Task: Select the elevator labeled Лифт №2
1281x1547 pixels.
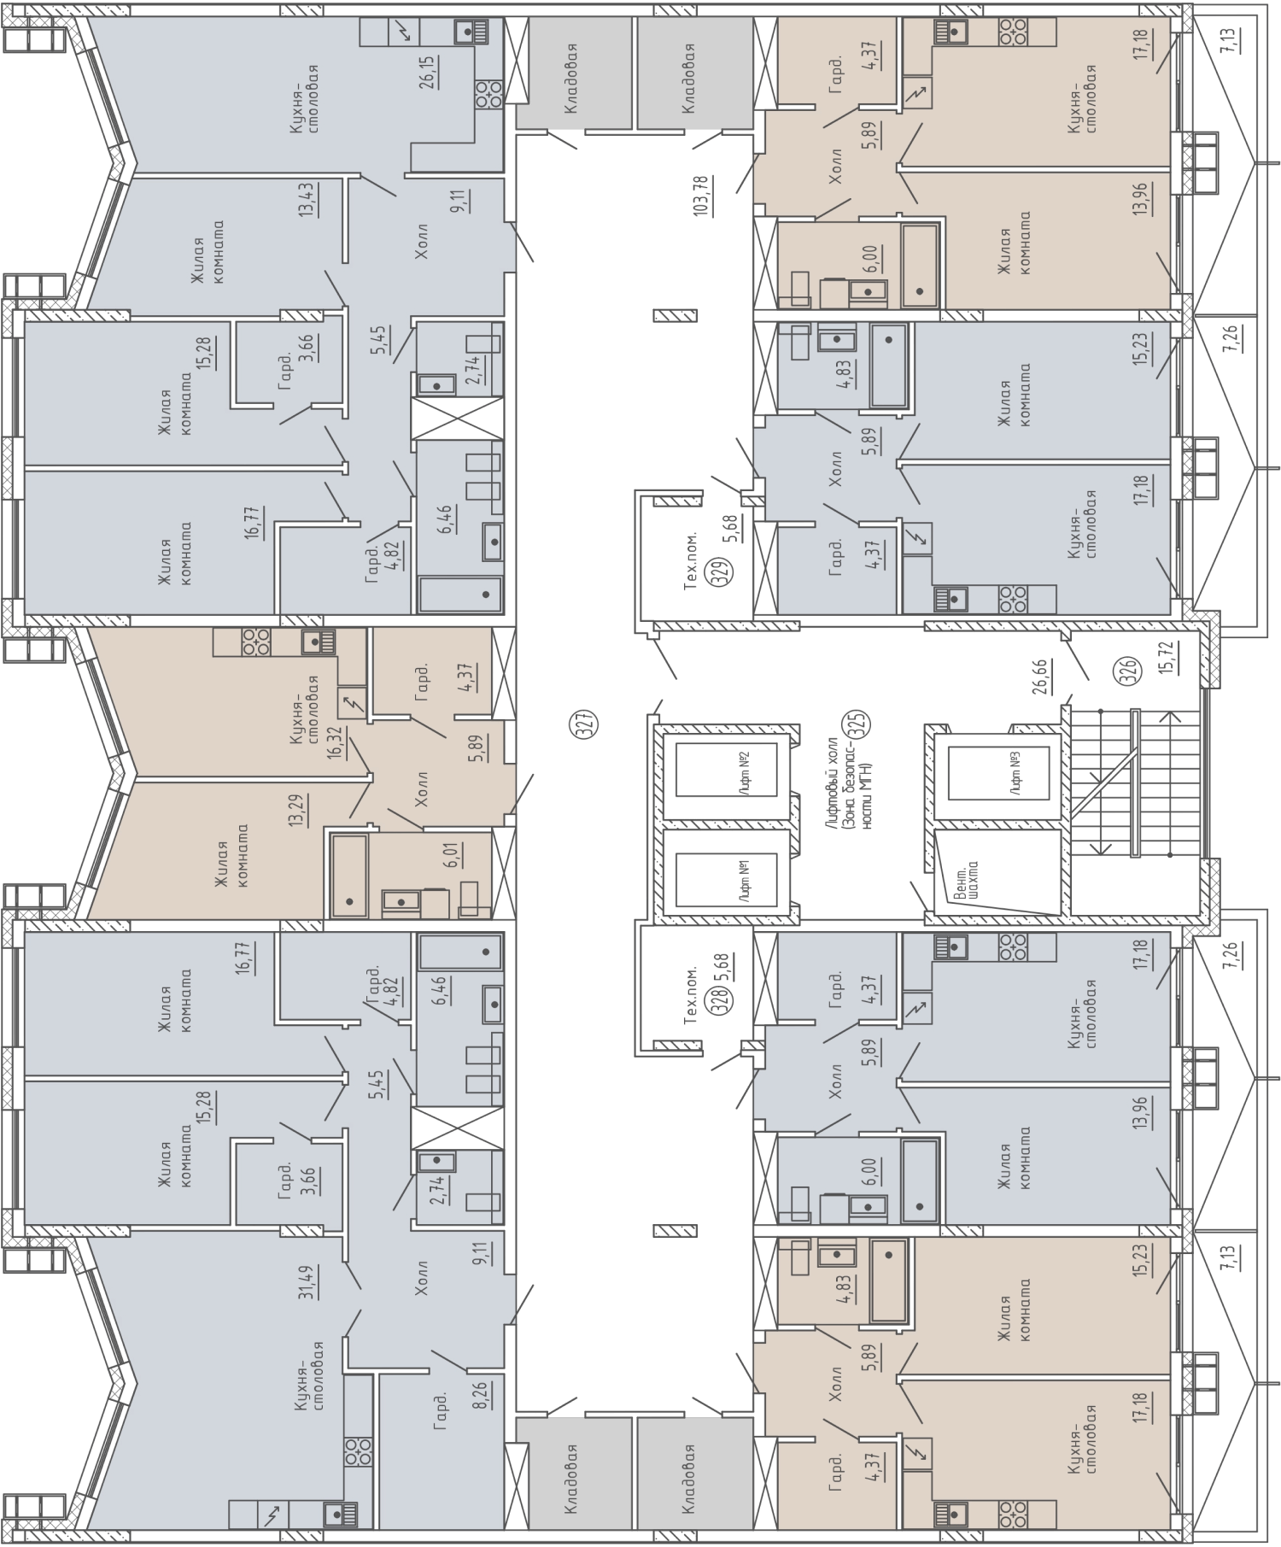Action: click(726, 769)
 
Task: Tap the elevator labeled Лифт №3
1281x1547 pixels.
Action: click(998, 772)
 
